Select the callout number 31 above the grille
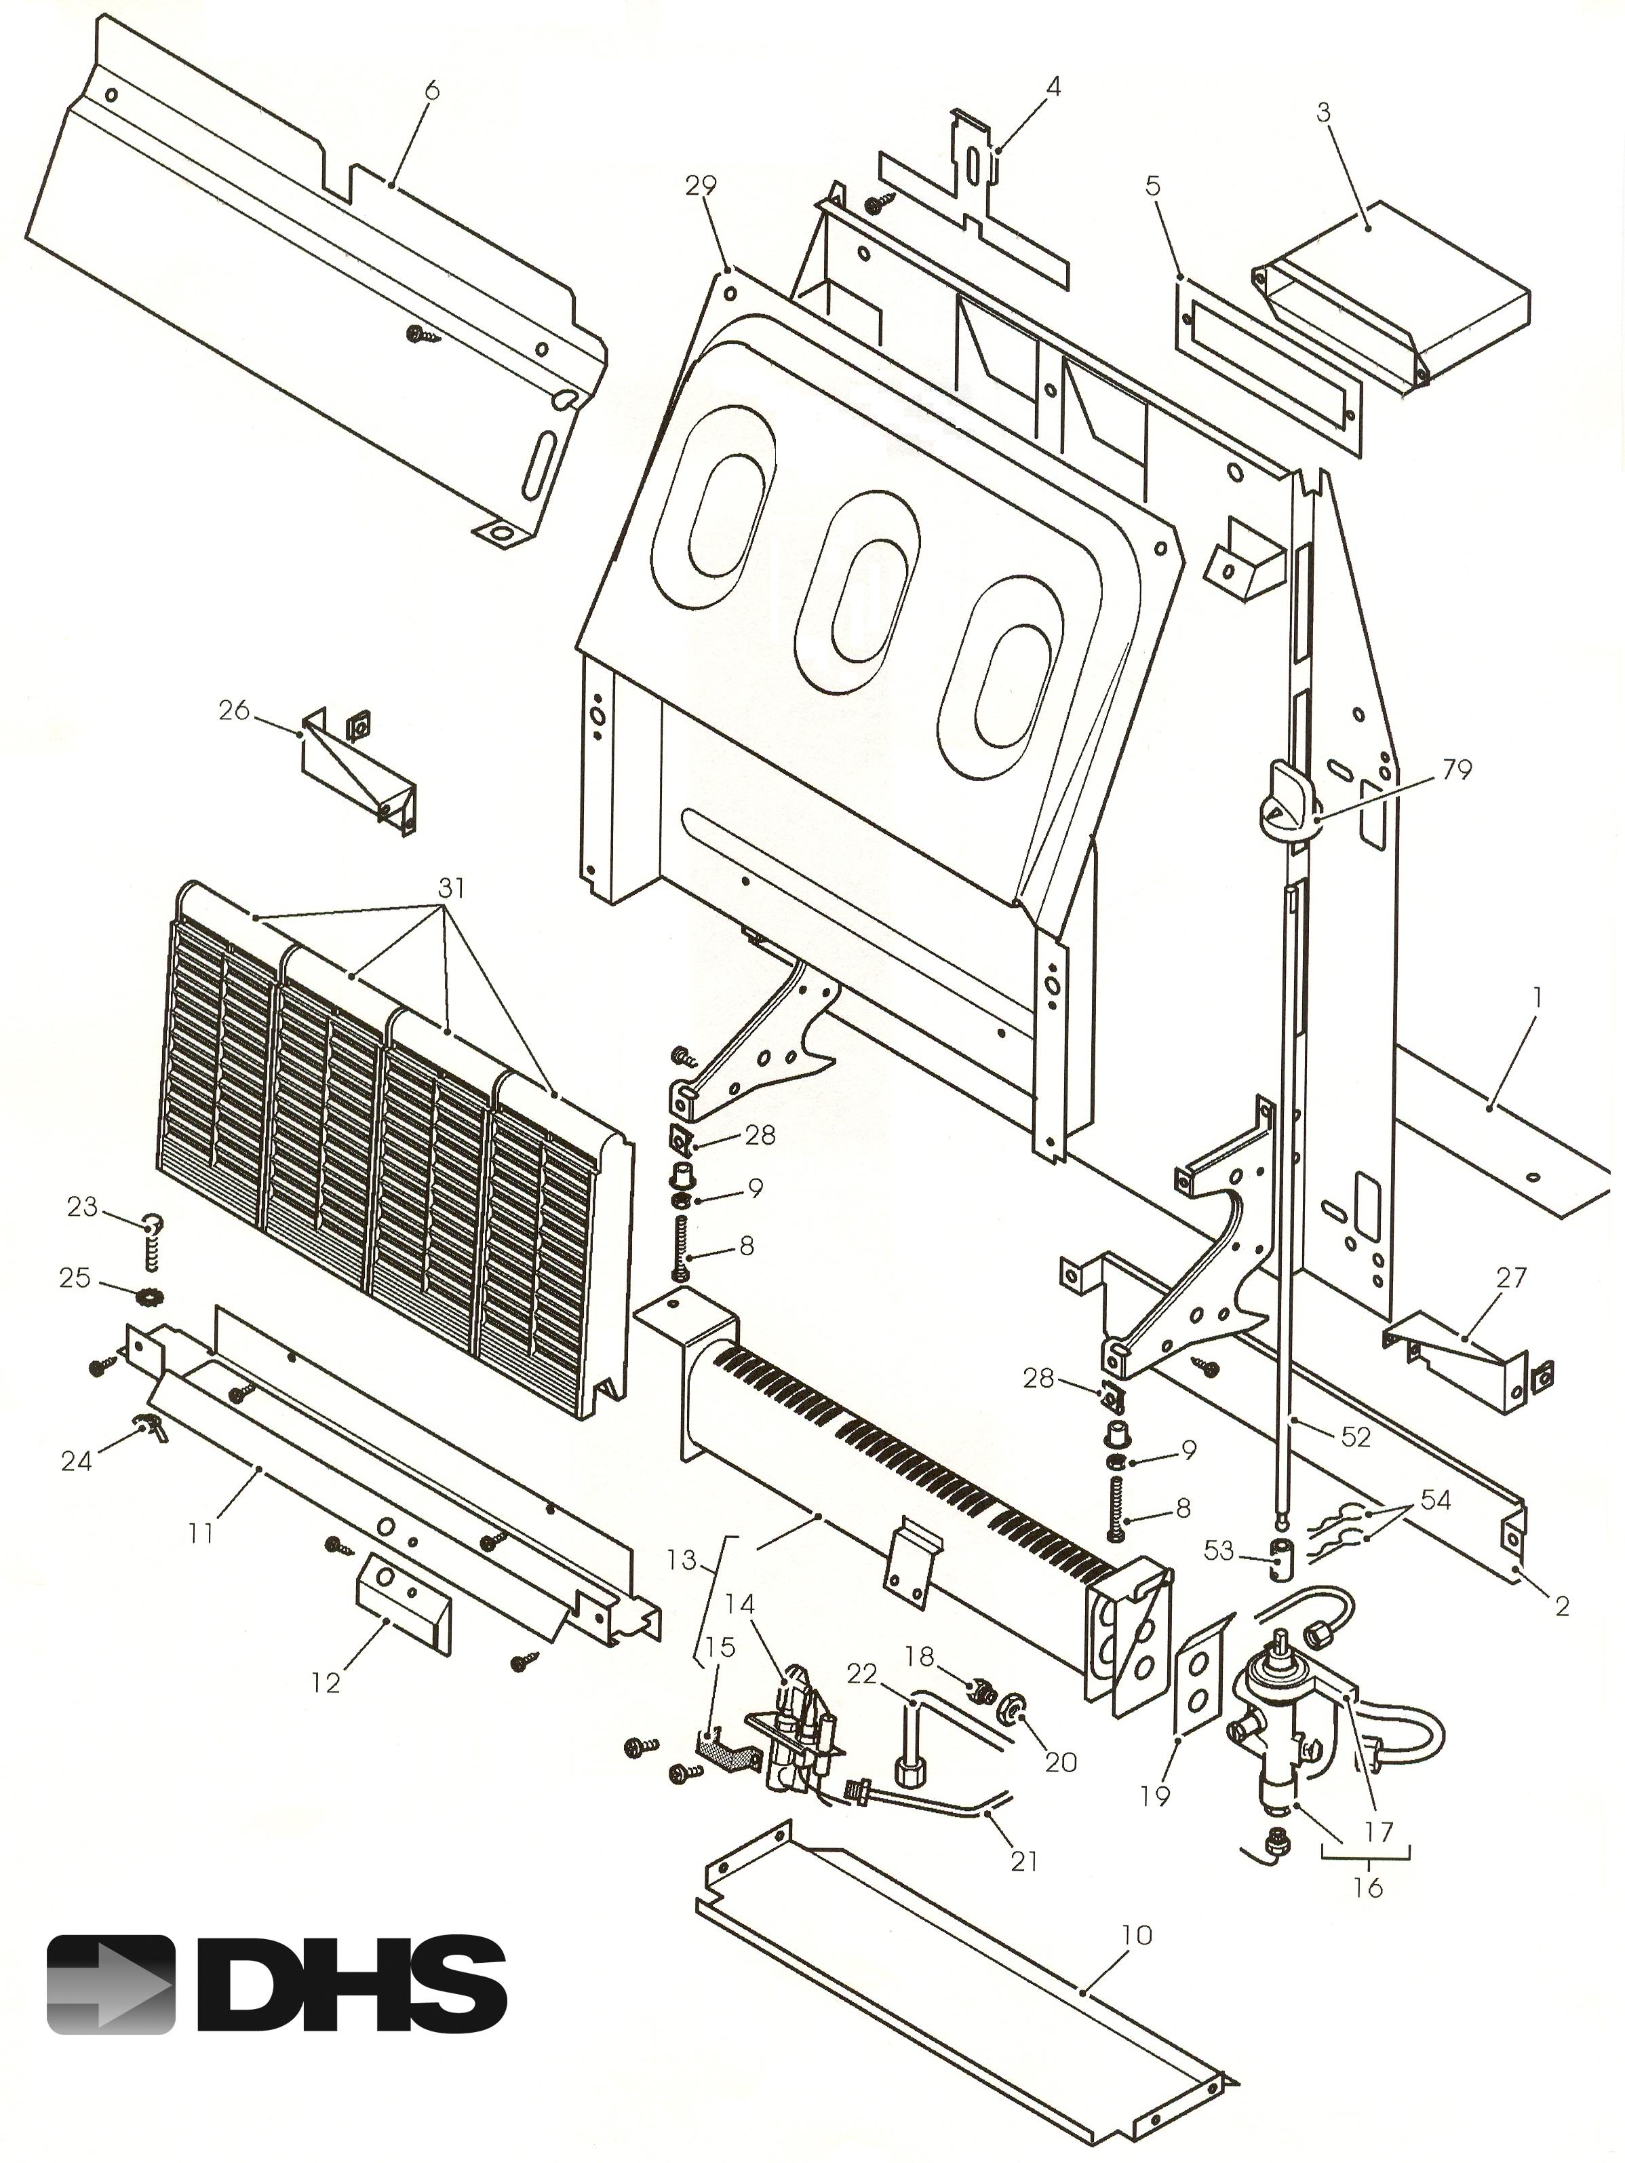pos(451,888)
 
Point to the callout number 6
pos(432,91)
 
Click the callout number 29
pos(701,185)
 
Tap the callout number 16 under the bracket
pos(1368,1886)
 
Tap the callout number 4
pos(1052,87)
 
